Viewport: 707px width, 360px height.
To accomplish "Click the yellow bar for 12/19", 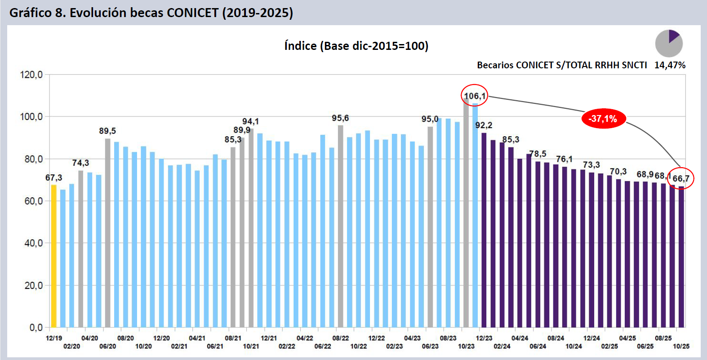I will [54, 256].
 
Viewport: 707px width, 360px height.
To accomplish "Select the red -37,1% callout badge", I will [603, 119].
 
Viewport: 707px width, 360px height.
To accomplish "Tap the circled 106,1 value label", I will [474, 96].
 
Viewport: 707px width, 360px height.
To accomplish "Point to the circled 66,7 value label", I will [680, 178].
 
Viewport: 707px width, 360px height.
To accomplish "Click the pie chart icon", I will [669, 43].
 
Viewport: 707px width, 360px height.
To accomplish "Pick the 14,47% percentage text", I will [670, 65].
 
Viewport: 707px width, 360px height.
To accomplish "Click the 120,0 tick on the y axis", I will [31, 75].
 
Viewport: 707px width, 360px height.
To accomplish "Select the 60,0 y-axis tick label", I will [33, 201].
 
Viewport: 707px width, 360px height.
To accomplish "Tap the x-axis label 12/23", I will [484, 338].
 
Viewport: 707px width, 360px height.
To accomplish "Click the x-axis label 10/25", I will [681, 346].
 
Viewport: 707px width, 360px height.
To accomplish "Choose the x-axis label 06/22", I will [323, 346].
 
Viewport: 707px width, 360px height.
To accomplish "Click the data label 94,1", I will [250, 121].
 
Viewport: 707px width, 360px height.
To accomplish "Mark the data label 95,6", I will [340, 118].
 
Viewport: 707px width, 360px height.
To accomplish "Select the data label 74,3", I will [80, 163].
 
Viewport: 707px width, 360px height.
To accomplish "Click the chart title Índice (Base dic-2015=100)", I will [356, 46].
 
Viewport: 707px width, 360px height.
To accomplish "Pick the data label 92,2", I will [484, 125].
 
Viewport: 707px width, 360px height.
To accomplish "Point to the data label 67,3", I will [53, 178].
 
